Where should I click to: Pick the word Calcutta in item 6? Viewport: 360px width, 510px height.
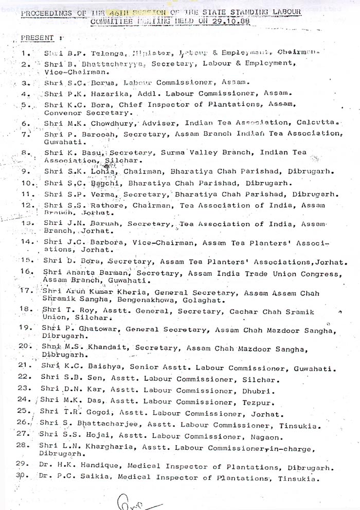[x=317, y=123]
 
